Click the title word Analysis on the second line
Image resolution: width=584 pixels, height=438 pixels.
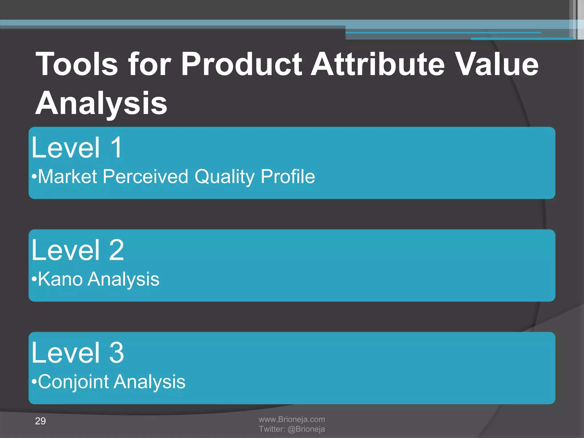(101, 103)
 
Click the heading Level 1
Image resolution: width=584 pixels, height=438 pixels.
(77, 148)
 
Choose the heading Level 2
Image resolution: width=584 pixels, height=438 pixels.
(78, 250)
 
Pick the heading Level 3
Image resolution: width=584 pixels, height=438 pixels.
(78, 353)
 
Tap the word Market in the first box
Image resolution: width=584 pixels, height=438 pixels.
(68, 177)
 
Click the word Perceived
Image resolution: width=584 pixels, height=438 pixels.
(145, 177)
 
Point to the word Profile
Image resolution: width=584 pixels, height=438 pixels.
(288, 177)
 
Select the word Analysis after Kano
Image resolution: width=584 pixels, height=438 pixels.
(123, 279)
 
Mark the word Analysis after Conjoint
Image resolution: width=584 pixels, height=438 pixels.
(149, 382)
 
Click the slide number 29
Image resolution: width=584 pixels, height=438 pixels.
(40, 421)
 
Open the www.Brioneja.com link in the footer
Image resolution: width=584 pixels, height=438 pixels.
(292, 419)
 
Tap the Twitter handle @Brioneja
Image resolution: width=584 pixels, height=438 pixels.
(306, 429)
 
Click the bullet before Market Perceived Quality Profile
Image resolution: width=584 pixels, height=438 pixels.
(34, 177)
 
